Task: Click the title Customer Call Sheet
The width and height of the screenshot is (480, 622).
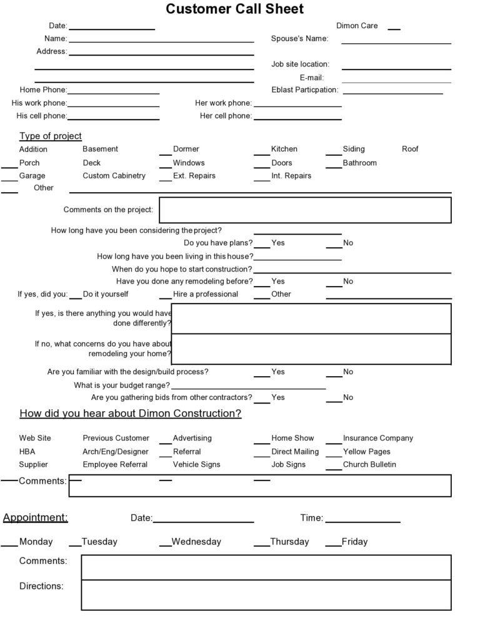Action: (x=235, y=9)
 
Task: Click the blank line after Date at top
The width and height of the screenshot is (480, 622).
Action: (x=111, y=28)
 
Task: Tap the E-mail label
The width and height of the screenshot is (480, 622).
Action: (x=311, y=77)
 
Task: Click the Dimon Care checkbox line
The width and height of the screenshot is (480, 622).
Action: (x=394, y=28)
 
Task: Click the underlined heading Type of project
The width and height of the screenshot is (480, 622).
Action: (x=50, y=136)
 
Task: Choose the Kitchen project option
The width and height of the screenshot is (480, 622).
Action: (x=284, y=149)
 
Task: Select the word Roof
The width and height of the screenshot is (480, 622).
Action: (x=410, y=149)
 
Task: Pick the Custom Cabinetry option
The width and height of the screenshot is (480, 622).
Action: (x=114, y=176)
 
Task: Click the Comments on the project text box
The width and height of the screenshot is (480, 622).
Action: (x=305, y=210)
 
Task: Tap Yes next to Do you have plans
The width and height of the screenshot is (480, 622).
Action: (x=277, y=243)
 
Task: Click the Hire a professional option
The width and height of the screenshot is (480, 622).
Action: (x=205, y=294)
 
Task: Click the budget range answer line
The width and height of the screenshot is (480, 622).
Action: (x=248, y=387)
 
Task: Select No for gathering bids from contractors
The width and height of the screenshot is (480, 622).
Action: (x=347, y=397)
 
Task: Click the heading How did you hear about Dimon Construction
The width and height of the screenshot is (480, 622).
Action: (x=130, y=414)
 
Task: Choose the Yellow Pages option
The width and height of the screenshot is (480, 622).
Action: (x=366, y=452)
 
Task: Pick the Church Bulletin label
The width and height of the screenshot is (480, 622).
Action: (x=369, y=465)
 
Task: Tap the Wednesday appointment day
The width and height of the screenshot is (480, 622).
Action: (x=196, y=542)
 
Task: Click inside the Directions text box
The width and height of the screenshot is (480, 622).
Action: (x=266, y=594)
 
